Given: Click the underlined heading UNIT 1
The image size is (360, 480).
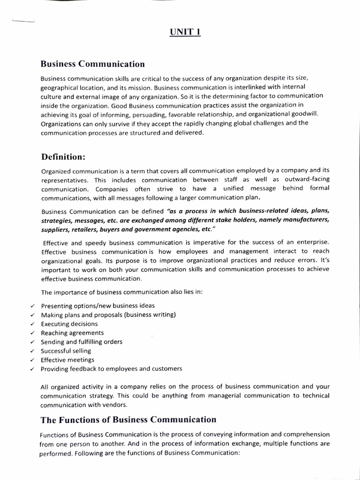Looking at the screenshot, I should pos(185,33).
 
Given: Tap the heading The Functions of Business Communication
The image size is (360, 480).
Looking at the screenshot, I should pos(128,420).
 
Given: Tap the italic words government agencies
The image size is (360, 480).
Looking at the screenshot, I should pos(164,230).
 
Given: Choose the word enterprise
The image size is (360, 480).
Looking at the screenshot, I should pos(311,242).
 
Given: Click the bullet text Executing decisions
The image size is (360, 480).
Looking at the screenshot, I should pos(69,324).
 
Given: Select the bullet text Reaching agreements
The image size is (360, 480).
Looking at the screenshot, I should pos(72,333).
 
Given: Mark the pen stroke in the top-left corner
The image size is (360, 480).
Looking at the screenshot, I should pos(22,21).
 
